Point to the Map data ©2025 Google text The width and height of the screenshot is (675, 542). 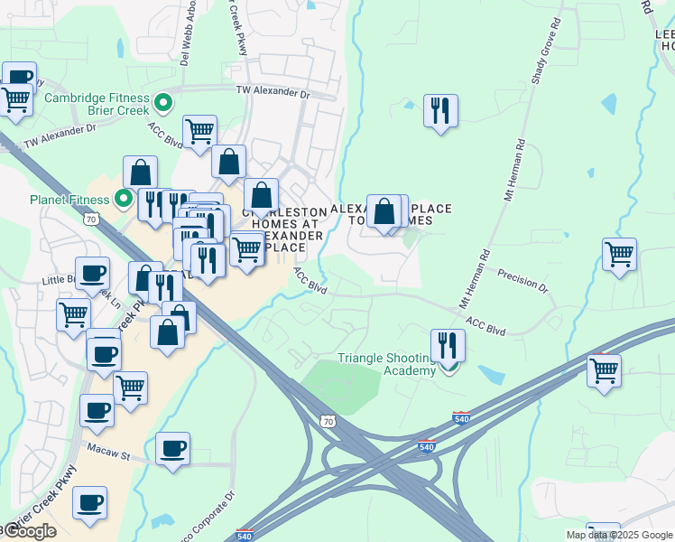pos(619,535)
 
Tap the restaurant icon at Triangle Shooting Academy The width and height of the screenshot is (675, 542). pos(447,344)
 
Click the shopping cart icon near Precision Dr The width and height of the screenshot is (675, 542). pos(619,254)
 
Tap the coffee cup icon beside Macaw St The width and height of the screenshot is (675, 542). pos(172,448)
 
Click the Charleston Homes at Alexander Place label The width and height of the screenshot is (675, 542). pos(288,229)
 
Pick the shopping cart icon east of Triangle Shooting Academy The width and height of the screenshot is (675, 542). pos(604,369)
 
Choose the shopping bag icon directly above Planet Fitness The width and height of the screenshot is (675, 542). pos(141,172)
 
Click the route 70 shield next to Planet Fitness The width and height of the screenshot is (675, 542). pos(90,219)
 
